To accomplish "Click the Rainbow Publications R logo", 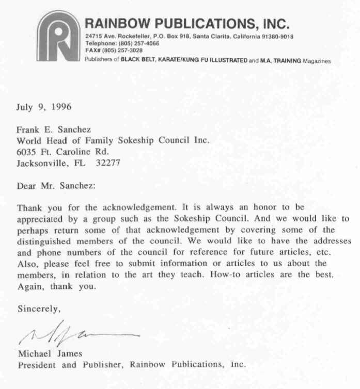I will [58, 37].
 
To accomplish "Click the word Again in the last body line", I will [29, 286].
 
